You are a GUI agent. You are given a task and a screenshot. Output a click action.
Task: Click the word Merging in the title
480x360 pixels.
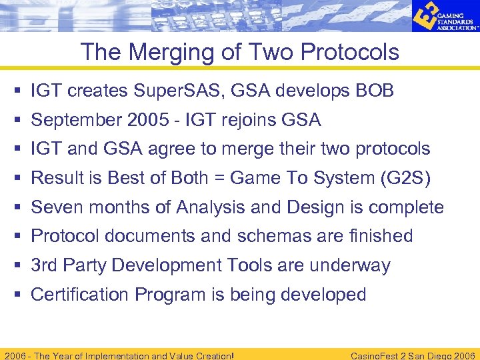[x=158, y=52]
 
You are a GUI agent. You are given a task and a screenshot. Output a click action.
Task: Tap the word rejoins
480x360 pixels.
[x=242, y=120]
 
